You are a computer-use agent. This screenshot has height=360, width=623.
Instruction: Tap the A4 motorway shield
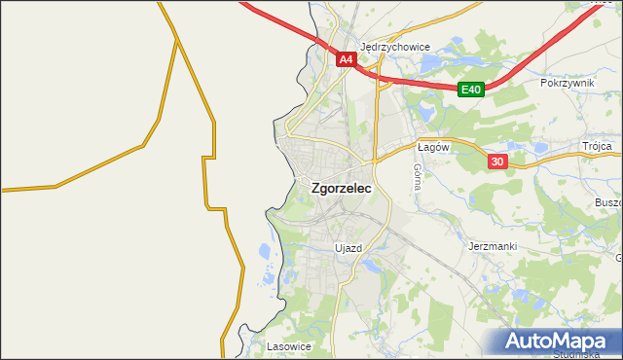[x=347, y=59]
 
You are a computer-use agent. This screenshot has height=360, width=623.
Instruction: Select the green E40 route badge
[x=471, y=90]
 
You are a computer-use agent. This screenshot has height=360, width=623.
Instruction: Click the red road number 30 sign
[x=497, y=162]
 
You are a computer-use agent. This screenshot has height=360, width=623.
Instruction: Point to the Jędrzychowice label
[x=395, y=46]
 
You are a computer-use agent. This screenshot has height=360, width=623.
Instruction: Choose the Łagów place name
[x=431, y=147]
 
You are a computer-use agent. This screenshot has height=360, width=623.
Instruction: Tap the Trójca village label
[x=597, y=146]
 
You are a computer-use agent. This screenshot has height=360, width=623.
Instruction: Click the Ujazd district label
[x=348, y=248]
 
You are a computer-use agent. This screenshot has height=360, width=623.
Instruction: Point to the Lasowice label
[x=288, y=345]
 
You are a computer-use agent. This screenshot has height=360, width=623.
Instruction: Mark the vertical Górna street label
[x=417, y=176]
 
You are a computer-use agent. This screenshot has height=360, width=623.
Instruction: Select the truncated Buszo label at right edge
[x=607, y=202]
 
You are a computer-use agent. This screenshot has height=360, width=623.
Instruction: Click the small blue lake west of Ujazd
[x=265, y=254]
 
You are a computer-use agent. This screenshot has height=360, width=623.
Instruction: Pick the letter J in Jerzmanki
[x=470, y=247]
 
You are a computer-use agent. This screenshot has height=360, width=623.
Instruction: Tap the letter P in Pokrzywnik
[x=544, y=84]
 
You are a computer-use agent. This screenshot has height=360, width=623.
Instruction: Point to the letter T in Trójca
[x=586, y=146]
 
